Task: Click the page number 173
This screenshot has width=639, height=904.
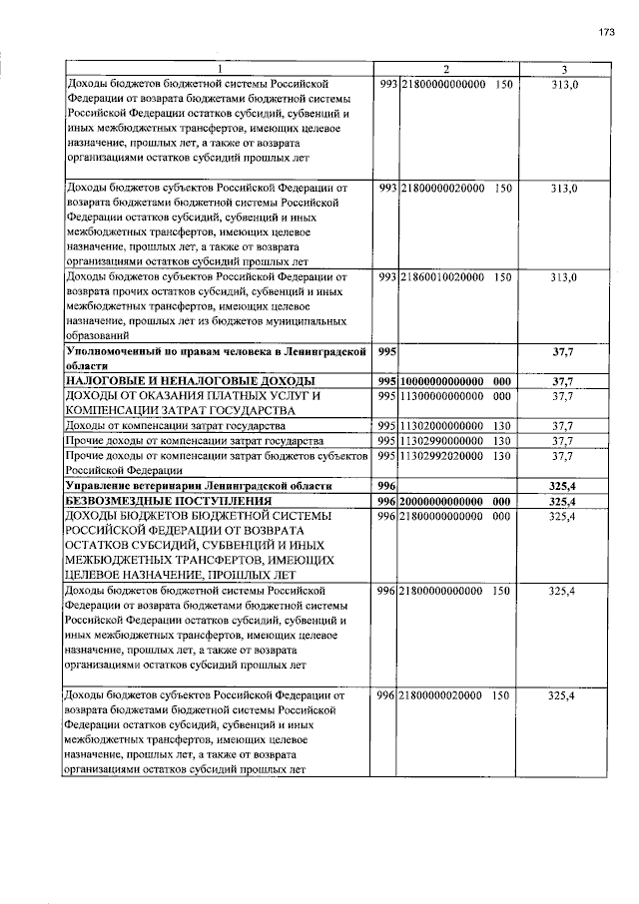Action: click(606, 33)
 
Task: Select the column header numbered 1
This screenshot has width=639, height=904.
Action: click(221, 69)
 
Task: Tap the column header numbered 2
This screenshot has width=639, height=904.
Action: click(445, 69)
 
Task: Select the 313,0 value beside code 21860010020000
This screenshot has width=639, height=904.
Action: click(564, 276)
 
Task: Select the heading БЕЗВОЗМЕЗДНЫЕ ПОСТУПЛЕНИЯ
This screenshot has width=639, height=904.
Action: click(169, 500)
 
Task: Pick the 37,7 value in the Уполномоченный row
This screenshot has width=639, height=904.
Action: click(564, 352)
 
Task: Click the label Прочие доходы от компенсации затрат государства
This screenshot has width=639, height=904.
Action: click(194, 440)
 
